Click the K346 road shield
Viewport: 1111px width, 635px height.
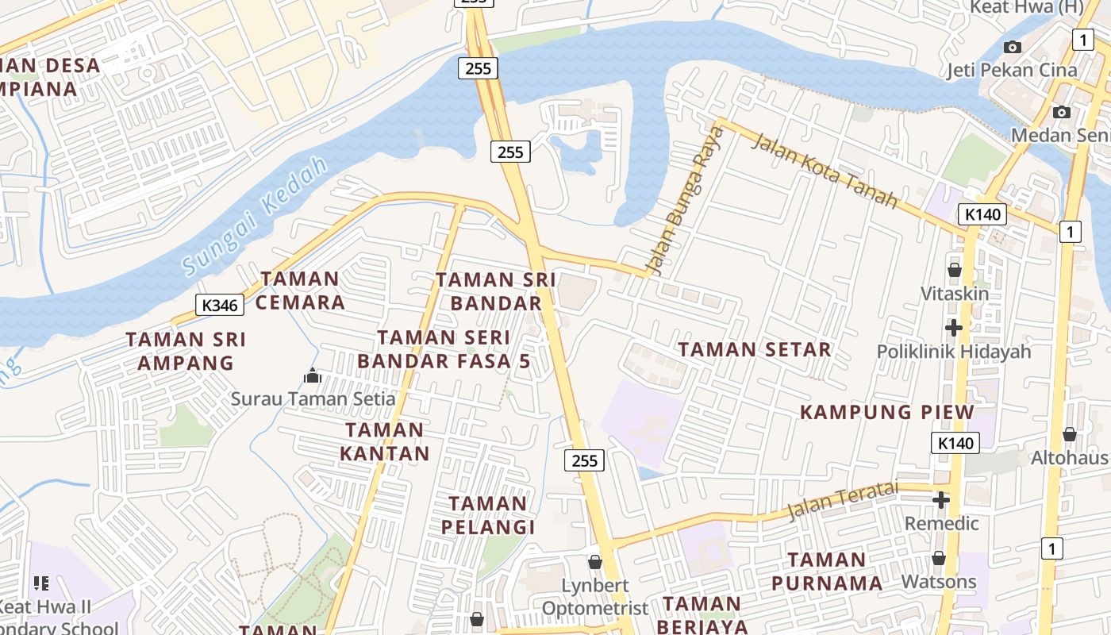pos(220,305)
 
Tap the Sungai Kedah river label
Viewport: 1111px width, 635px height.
pos(255,216)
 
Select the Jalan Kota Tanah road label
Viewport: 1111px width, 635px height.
pos(825,171)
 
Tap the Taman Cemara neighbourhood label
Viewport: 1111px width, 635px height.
pos(300,291)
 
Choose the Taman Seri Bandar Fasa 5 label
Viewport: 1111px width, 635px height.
pos(444,349)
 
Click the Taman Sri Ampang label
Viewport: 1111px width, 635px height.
pos(186,351)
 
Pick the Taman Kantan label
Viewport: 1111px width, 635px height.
pos(385,442)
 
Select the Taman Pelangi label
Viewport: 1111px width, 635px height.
pos(488,515)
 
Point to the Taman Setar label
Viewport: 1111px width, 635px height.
pos(754,349)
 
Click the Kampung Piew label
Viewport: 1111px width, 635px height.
pos(886,412)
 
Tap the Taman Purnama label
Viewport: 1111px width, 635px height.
pos(827,571)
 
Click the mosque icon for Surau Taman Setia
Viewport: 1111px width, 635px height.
pos(313,375)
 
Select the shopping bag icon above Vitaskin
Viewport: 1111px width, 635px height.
pos(955,270)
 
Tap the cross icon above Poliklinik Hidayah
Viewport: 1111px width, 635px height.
pos(954,327)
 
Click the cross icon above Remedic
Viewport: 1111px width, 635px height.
pos(941,500)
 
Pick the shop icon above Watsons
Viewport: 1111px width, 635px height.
pos(939,558)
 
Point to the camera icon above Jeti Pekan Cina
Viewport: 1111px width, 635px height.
pos(1013,47)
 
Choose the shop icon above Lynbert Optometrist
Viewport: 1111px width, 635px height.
pos(595,562)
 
